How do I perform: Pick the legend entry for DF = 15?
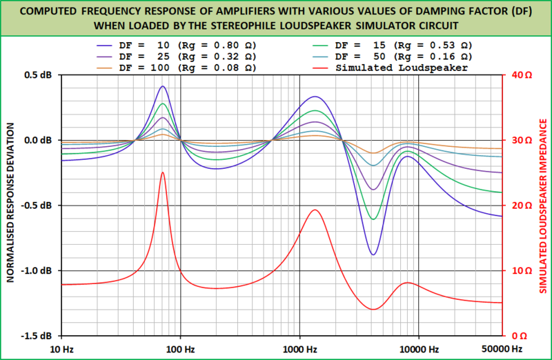tap(404, 46)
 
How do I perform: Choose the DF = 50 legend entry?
tap(404, 57)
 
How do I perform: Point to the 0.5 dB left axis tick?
tap(41, 75)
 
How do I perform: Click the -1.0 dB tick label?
tap(39, 270)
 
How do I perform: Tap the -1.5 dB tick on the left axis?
tap(39, 336)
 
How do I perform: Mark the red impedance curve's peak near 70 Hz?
tap(162, 172)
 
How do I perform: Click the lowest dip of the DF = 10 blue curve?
tap(373, 254)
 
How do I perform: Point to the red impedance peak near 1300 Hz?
tap(315, 210)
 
